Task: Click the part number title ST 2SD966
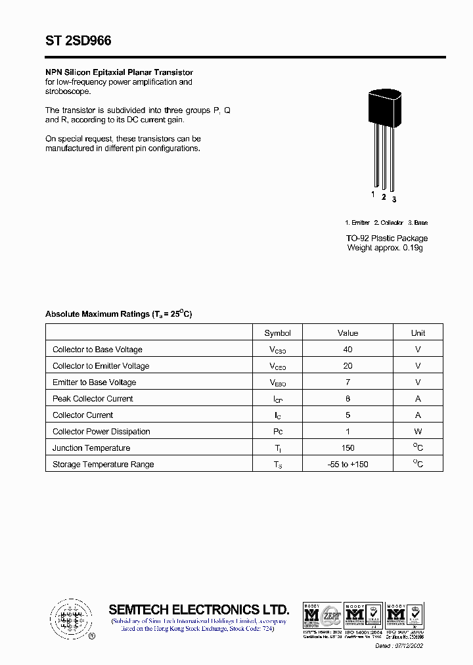pos(78,41)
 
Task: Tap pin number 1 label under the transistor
pos(373,195)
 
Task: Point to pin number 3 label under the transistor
pos(394,199)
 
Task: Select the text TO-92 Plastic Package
pos(387,238)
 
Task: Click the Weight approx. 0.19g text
pos(385,248)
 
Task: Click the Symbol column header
pos(277,333)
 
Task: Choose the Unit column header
pos(418,333)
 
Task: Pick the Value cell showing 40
pos(348,350)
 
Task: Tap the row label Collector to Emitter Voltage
pos(101,366)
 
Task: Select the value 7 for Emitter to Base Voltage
pos(348,382)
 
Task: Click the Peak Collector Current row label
pos(93,399)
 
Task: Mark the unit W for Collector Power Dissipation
pos(418,432)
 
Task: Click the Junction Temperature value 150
pos(348,448)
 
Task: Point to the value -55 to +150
pos(348,465)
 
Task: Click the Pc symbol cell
pos(277,432)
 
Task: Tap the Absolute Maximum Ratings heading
pos(118,314)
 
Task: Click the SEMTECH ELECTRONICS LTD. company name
pos(198,609)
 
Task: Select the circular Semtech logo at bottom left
pos(69,618)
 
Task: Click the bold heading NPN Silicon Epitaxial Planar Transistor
pos(119,72)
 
